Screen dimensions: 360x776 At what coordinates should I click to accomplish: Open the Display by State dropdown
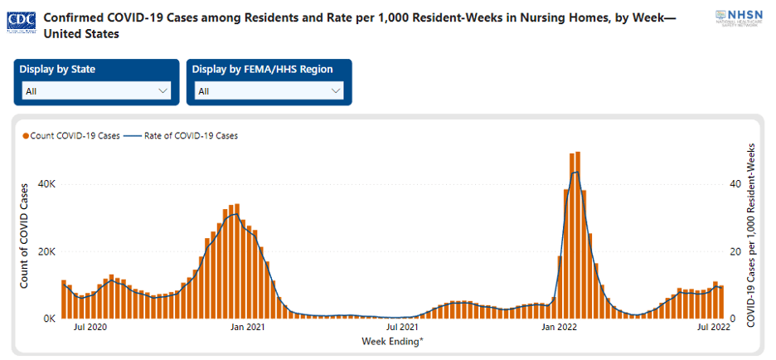[x=95, y=91]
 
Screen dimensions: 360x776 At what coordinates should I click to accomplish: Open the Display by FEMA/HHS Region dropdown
[x=269, y=91]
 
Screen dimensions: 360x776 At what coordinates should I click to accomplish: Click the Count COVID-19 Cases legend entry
[x=71, y=136]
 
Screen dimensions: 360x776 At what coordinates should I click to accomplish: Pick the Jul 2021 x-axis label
[x=403, y=328]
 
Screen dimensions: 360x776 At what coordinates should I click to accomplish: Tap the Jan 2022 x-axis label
[x=560, y=328]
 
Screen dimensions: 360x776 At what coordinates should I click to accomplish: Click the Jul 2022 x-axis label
[x=714, y=328]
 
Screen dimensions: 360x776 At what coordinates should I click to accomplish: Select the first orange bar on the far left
[x=63, y=299]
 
